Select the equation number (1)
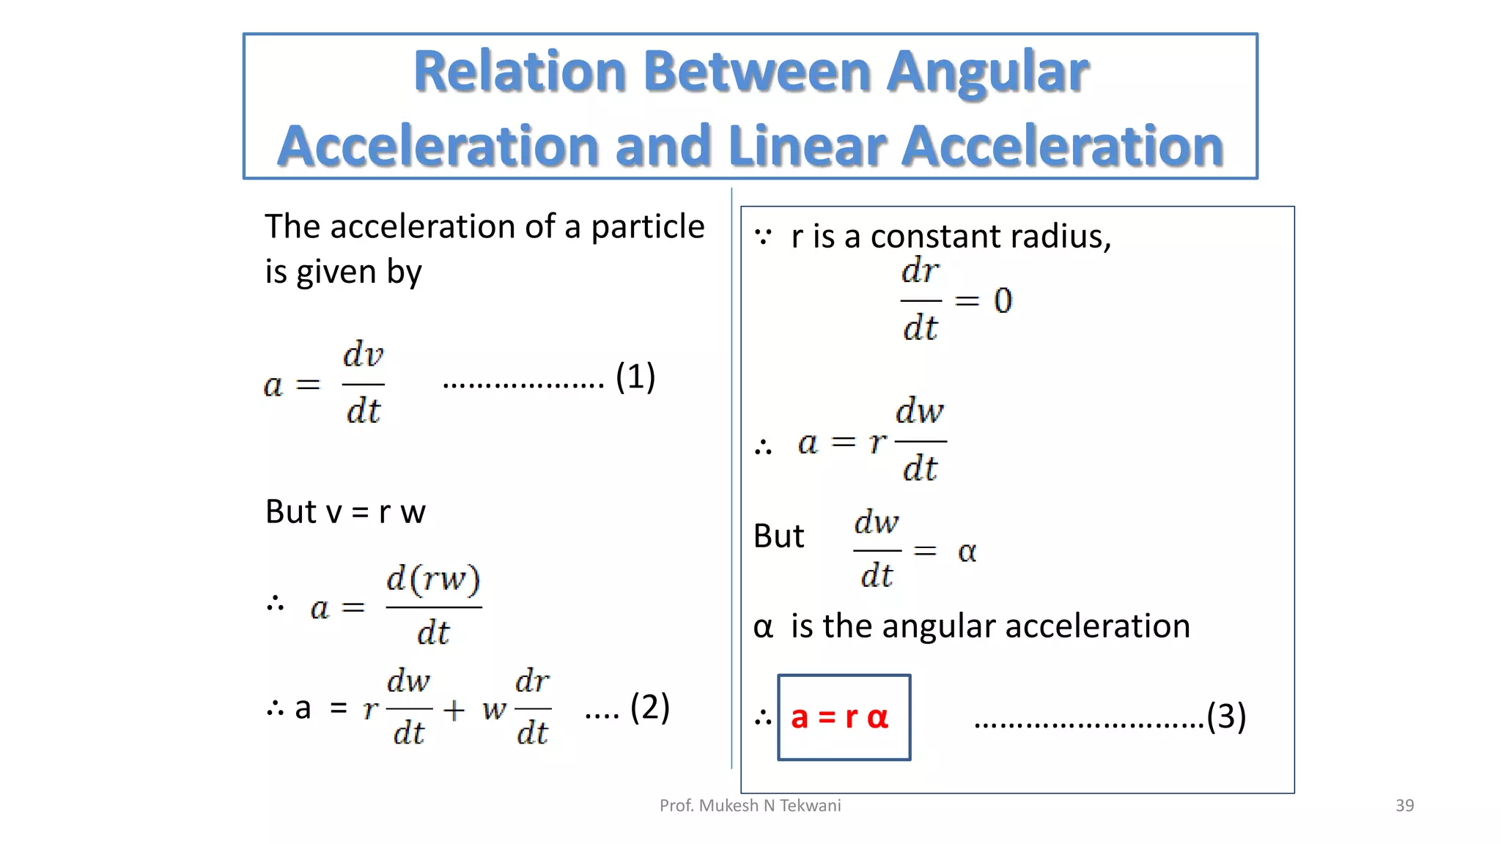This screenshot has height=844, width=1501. tap(635, 377)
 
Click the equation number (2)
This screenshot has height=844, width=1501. tap(649, 707)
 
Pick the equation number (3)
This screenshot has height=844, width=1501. tap(1226, 716)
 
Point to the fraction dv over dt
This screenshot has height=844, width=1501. tap(364, 383)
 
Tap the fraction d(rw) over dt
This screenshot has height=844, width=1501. tap(433, 606)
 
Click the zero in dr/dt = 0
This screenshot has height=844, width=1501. tap(1003, 300)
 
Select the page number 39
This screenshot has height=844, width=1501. tap(1404, 805)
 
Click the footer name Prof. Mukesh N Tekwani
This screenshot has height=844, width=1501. tap(750, 805)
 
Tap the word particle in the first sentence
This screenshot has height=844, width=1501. tap(647, 227)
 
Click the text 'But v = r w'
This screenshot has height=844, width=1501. tap(345, 511)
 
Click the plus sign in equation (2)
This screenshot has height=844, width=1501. tap(454, 709)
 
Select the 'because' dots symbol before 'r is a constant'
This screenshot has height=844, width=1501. tap(763, 237)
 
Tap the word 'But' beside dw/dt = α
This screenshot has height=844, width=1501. tap(778, 536)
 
